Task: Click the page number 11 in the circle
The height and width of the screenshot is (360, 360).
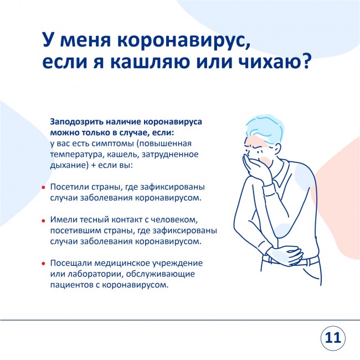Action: coord(333,338)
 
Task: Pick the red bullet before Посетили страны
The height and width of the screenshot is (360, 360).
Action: coord(43,188)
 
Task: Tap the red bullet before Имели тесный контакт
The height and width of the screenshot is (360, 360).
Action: coord(43,221)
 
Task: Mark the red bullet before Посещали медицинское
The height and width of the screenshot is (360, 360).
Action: coord(43,264)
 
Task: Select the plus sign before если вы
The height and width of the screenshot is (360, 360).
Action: coord(93,165)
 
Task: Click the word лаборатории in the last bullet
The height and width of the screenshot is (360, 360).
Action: coord(94,274)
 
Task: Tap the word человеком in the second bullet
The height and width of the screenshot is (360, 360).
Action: coord(174,220)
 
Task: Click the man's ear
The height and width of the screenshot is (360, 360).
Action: coord(277,147)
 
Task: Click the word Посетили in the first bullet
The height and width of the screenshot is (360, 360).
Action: coord(70,187)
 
